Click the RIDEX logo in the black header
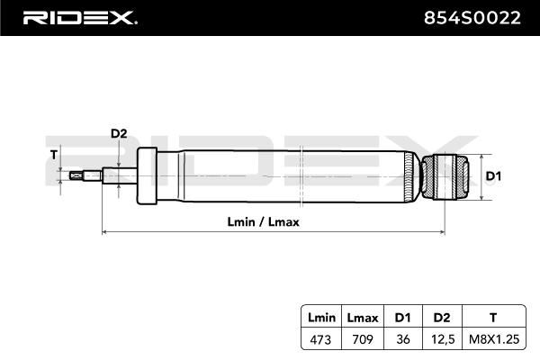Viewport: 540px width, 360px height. tap(80, 18)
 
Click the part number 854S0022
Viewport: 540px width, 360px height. tap(472, 18)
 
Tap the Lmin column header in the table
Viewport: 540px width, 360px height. tap(321, 318)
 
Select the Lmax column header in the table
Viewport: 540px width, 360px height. tap(363, 318)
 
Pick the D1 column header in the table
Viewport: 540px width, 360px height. tap(403, 318)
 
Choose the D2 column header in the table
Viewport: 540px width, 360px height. tap(442, 318)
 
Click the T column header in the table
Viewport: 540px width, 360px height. tap(493, 318)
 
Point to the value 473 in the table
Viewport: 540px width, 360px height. tap(320, 339)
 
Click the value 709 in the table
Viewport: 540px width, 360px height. tap(363, 339)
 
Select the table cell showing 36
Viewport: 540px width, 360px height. tap(403, 339)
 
